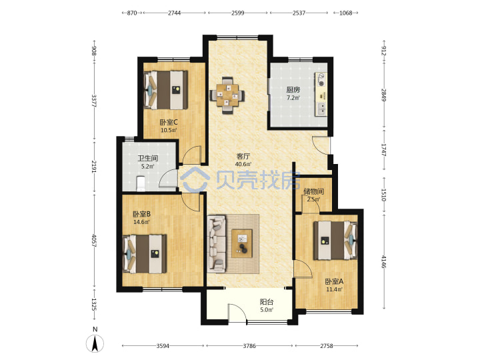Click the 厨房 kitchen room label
coord(293,90)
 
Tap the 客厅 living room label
coord(243,156)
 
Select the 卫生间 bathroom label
coord(147,158)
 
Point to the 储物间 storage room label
coord(314,191)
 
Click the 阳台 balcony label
coord(266,302)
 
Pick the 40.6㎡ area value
coord(243,165)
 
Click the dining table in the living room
coord(227,95)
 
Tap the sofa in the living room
coord(217,244)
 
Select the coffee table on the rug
coord(242,243)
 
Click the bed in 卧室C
coord(165,90)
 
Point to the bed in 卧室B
coord(145,254)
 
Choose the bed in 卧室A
coord(335,241)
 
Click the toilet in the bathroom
coord(141,183)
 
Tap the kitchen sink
coord(321,109)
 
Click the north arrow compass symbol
coord(95,343)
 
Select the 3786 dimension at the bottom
coord(249,346)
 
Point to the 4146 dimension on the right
coord(384,262)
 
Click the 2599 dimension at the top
coord(238,13)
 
